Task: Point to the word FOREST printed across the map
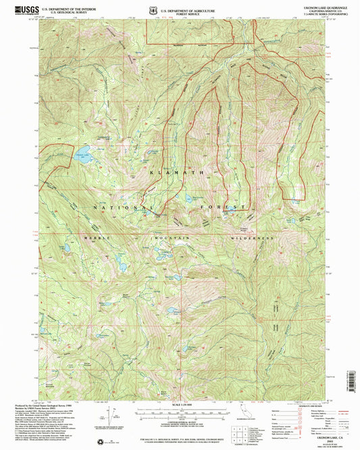coord(227,206)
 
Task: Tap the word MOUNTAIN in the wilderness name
coord(173,239)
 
